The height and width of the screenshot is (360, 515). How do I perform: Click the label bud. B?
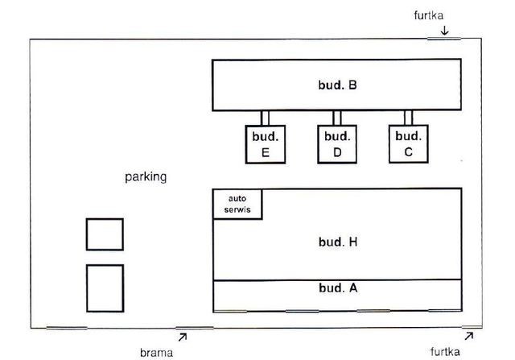point(337,85)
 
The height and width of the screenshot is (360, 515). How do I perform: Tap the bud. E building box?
point(266,144)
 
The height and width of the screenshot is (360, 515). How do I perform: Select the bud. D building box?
point(337,144)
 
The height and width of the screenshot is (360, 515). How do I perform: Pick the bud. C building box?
point(409,143)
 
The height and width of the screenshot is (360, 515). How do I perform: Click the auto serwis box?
point(237,204)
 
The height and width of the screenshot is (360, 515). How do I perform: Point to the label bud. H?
point(338,242)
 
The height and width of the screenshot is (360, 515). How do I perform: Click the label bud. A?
point(338,288)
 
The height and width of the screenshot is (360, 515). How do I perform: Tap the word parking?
point(146,177)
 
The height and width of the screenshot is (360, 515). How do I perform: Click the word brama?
point(156,353)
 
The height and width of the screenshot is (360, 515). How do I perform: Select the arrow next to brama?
point(183,337)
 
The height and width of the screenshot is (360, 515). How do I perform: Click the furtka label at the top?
point(429,15)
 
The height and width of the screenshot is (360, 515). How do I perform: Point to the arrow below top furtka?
point(444,31)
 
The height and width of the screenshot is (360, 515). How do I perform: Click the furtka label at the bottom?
point(445,351)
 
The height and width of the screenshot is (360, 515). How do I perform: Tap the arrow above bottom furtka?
point(469,336)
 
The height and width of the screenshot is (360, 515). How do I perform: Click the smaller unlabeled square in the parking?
point(105,234)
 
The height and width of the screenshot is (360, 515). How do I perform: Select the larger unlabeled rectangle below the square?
point(105,288)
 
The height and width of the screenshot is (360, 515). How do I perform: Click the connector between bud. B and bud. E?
point(265,118)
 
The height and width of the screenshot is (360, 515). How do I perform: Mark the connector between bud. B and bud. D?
point(337,118)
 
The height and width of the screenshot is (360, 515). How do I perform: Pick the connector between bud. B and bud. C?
point(408,118)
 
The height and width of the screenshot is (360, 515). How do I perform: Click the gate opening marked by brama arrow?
point(195,328)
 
